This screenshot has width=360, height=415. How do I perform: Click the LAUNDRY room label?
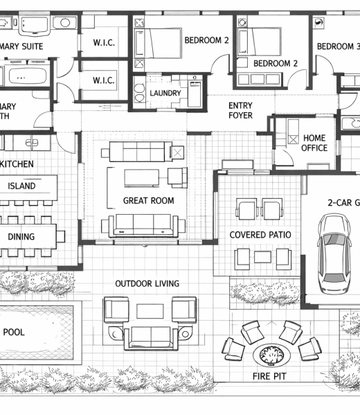point(165,94)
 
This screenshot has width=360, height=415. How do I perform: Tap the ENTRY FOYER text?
point(240,111)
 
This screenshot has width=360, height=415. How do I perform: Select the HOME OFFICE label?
point(314,143)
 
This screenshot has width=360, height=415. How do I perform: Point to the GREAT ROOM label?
point(148,201)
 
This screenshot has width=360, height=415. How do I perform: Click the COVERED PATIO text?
point(260,236)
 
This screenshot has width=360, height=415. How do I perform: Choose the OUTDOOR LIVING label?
point(147,284)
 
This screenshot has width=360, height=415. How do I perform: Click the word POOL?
point(14,333)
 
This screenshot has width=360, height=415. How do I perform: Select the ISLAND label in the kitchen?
point(22,186)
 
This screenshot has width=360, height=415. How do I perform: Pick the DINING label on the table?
point(21,237)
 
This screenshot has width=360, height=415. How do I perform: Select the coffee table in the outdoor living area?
point(150,311)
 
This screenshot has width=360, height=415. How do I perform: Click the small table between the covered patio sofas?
point(262,258)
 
